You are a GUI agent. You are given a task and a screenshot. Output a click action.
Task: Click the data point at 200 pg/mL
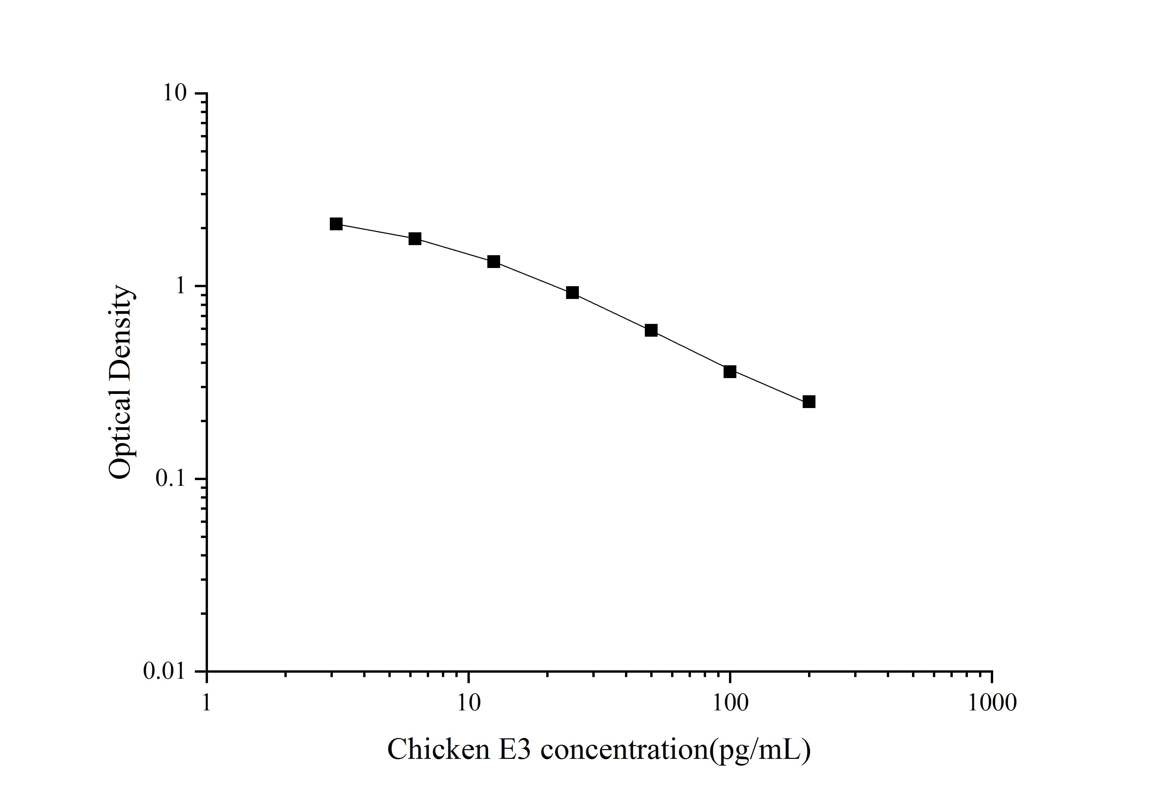[809, 402]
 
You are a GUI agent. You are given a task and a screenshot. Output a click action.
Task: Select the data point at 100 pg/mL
[730, 371]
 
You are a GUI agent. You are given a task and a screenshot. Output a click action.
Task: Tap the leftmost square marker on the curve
[336, 224]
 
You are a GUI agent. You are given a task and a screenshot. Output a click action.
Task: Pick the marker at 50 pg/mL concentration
[651, 330]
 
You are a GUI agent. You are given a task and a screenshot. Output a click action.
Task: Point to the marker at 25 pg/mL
[572, 293]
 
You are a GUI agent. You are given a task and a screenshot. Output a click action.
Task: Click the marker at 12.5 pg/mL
[494, 262]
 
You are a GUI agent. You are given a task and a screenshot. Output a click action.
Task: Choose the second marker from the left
[415, 238]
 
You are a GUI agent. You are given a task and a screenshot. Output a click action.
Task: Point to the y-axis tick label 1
[179, 286]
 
